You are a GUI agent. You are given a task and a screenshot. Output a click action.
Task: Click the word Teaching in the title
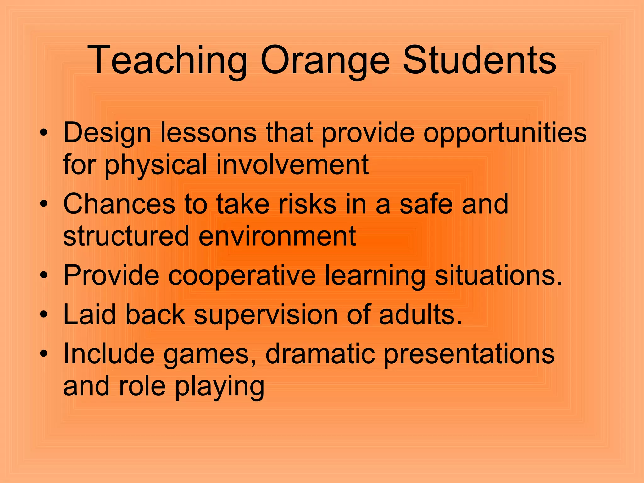click(x=167, y=60)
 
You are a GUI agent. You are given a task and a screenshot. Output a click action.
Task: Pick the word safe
click(x=426, y=204)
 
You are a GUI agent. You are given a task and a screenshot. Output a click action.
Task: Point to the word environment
click(x=277, y=236)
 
